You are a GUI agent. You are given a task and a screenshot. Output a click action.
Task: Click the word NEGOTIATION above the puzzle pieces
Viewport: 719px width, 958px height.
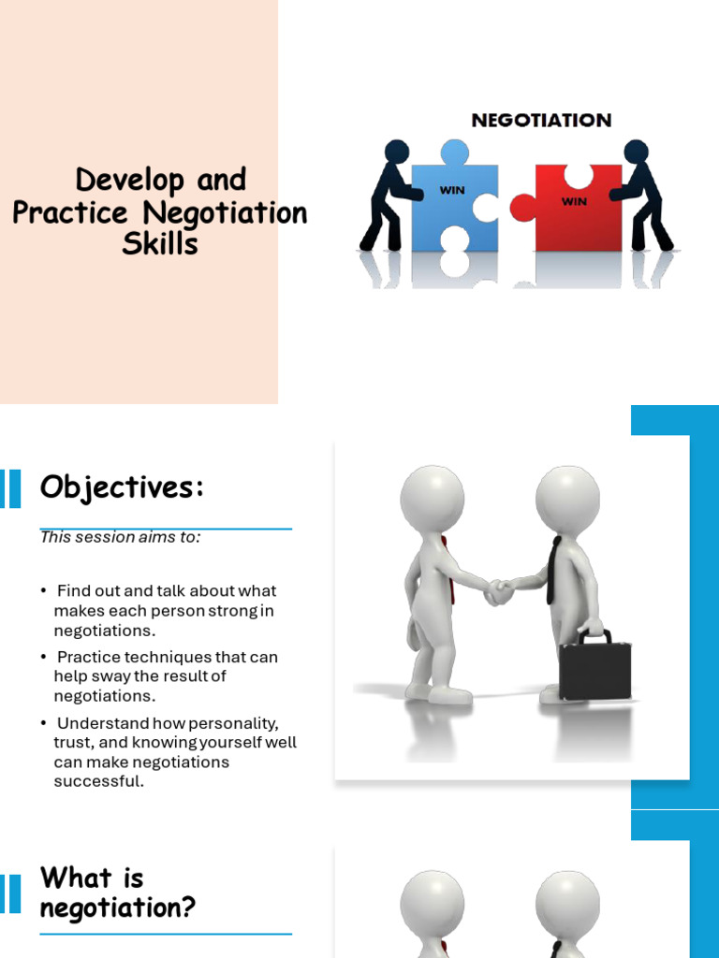click(541, 120)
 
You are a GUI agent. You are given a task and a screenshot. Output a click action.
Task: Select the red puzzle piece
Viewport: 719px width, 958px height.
click(576, 208)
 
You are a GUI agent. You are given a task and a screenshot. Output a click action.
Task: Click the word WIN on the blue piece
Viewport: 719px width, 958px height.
click(452, 191)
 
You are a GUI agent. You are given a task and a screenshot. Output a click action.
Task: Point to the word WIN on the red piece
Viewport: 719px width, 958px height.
click(574, 201)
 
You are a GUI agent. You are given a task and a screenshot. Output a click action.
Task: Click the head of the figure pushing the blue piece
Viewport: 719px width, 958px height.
click(397, 151)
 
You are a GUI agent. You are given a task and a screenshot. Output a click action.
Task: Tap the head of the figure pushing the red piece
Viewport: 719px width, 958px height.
click(636, 151)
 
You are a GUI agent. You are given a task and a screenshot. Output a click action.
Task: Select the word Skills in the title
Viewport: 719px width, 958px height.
click(160, 244)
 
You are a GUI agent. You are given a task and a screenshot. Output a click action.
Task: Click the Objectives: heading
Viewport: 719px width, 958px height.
click(122, 487)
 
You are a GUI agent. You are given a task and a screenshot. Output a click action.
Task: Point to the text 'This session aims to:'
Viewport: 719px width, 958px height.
click(120, 537)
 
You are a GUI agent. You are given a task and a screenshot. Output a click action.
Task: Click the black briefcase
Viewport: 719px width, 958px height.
click(594, 667)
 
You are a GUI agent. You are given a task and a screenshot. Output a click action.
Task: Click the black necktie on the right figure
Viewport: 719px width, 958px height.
click(554, 570)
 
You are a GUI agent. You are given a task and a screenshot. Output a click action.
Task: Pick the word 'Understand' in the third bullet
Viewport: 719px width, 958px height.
click(102, 723)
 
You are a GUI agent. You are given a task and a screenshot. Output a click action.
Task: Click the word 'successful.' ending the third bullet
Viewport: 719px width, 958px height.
click(99, 781)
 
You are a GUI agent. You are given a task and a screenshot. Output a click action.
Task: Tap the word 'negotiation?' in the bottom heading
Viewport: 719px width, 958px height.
click(118, 908)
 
